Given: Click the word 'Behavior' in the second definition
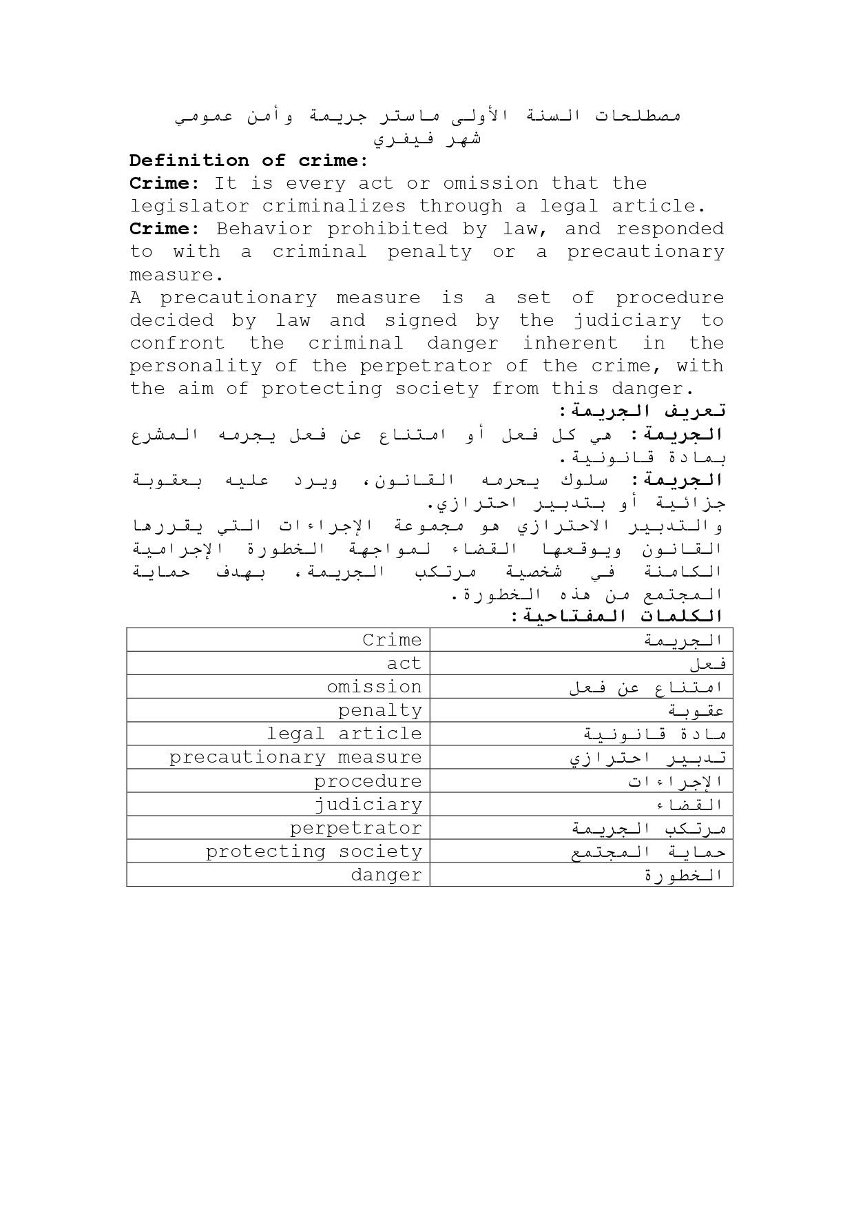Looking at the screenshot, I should pyautogui.click(x=264, y=229).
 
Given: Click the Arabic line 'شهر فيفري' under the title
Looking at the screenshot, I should pyautogui.click(x=427, y=138).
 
